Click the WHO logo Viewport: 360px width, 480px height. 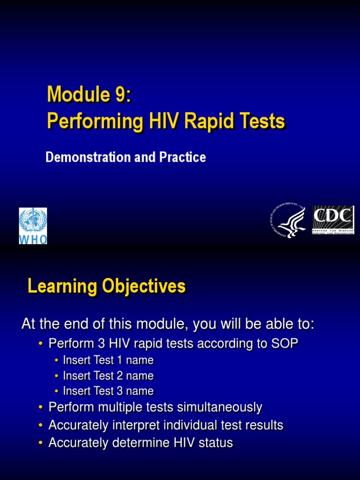[x=33, y=226]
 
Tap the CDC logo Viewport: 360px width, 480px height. [x=333, y=220]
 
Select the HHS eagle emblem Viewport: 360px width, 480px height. [x=288, y=222]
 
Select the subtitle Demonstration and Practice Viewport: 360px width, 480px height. [x=126, y=157]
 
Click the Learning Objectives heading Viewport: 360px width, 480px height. [x=106, y=286]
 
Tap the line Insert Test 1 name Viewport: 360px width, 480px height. [x=108, y=360]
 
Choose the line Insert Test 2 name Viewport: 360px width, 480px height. [x=108, y=376]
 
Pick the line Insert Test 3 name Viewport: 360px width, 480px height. [x=108, y=391]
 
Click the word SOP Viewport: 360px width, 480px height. [x=284, y=344]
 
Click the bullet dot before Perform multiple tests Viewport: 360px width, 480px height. [x=41, y=408]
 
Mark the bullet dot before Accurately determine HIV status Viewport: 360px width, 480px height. [x=41, y=443]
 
